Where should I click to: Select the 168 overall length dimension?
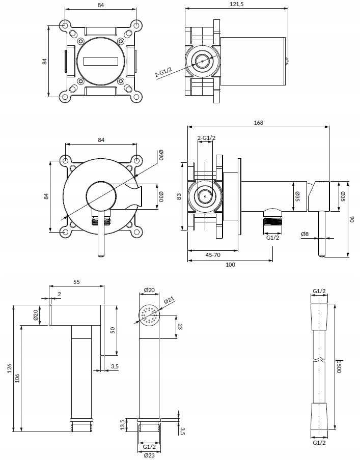pyautogui.click(x=259, y=122)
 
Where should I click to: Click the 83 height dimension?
pyautogui.click(x=179, y=196)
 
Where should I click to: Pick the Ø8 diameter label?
pyautogui.click(x=304, y=235)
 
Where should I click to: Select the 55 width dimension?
pyautogui.click(x=77, y=281)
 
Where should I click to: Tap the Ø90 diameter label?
pyautogui.click(x=160, y=155)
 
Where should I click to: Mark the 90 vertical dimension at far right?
pyautogui.click(x=351, y=219)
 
